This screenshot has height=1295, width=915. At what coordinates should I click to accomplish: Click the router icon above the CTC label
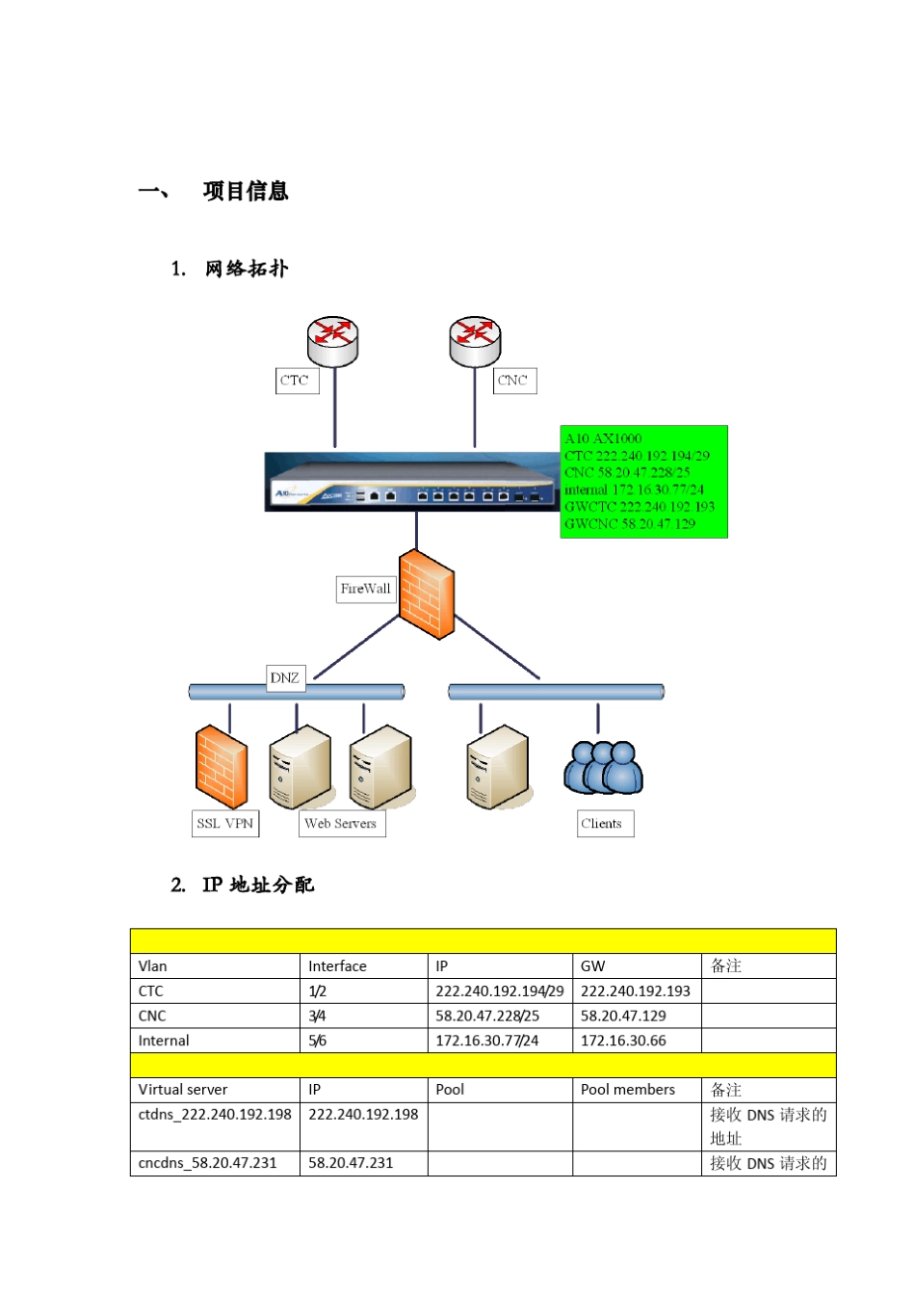point(332,340)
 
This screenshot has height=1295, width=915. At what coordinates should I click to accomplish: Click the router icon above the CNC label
point(475,341)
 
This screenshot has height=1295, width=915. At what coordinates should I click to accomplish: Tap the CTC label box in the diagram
point(296,381)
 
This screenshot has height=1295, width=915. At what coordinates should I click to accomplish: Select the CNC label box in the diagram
point(513,381)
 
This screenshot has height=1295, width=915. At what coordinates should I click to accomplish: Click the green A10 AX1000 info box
point(643,481)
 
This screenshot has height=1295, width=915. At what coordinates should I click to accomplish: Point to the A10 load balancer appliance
point(412,482)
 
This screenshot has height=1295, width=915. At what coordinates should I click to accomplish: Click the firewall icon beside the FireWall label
point(427,595)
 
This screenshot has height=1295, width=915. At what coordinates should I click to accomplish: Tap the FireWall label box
point(365,589)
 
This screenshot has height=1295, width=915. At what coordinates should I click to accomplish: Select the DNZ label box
point(285,678)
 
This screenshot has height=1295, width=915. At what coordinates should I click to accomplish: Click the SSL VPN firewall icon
point(221,767)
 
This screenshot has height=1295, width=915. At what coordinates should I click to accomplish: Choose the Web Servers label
point(341,824)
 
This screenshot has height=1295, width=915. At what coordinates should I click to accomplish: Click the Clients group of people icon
point(603,767)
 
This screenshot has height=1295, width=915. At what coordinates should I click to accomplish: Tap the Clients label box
point(603,824)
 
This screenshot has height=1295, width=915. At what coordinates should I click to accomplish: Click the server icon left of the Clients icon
point(498,767)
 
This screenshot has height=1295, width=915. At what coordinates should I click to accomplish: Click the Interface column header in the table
point(337,966)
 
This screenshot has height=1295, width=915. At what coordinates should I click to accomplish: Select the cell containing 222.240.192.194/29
point(499,991)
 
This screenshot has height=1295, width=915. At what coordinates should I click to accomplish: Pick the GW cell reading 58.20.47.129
point(623,1017)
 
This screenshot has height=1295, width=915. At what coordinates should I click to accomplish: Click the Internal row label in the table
point(164,1041)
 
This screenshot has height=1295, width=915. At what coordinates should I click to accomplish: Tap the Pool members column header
point(628,1090)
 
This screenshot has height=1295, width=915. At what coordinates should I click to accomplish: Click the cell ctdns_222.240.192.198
point(215,1115)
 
